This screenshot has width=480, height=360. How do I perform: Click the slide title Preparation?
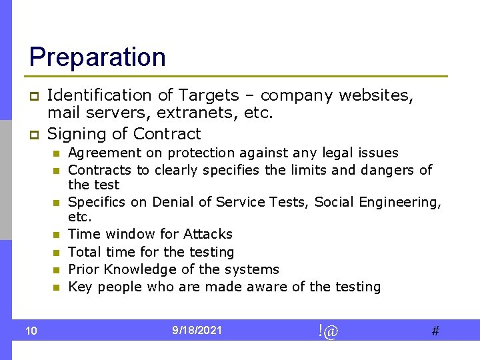[x=97, y=57]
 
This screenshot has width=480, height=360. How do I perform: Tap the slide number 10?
[x=31, y=331]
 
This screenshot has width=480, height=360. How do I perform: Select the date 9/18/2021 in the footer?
[x=197, y=330]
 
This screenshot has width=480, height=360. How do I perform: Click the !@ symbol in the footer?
[x=328, y=331]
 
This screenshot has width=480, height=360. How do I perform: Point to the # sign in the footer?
[x=435, y=331]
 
